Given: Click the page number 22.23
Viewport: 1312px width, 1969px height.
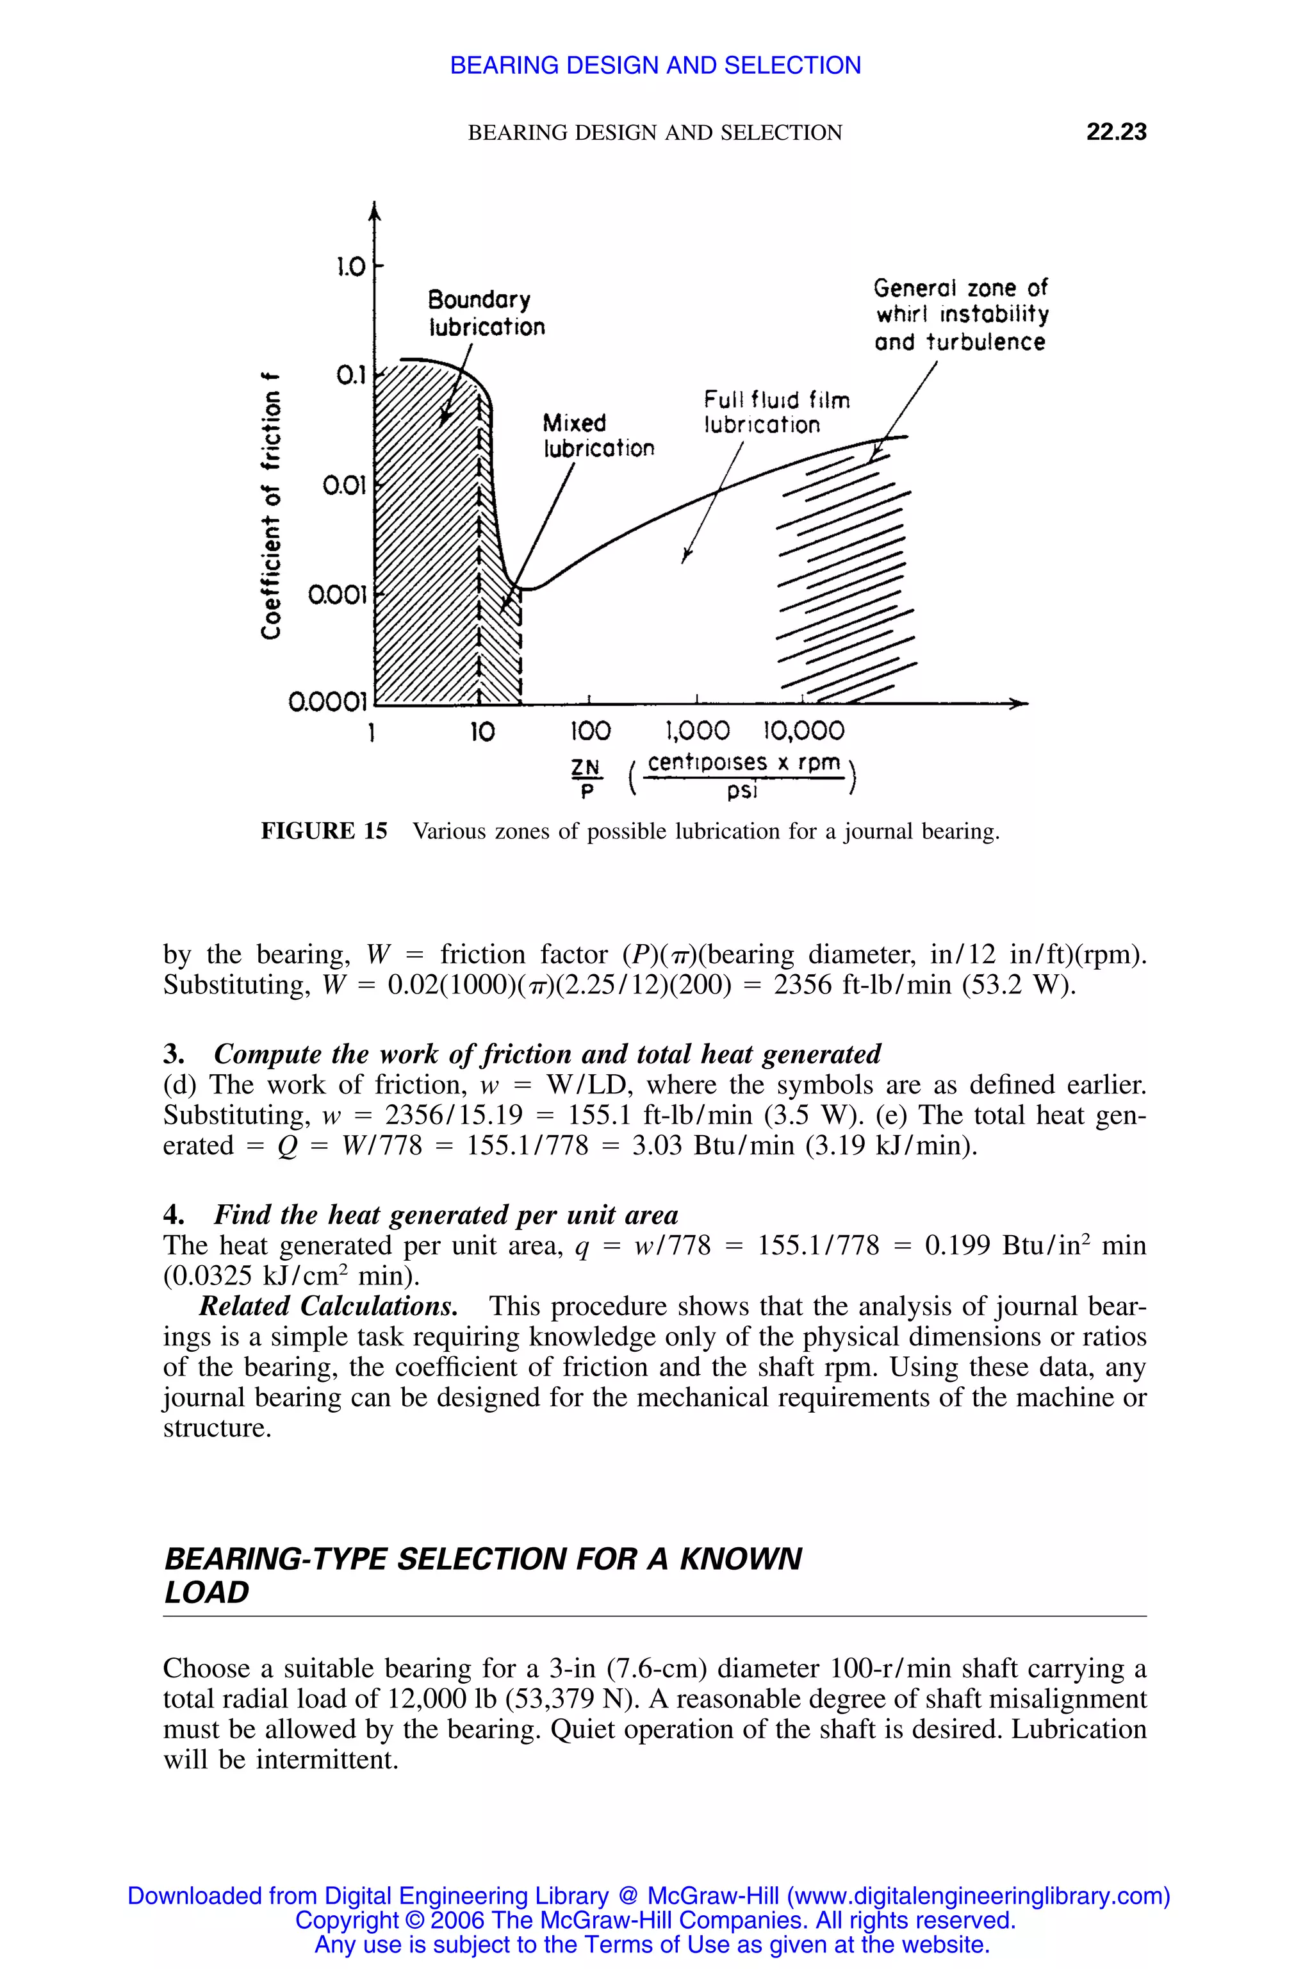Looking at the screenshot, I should [1115, 131].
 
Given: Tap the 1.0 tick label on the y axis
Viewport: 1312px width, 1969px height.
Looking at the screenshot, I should [350, 267].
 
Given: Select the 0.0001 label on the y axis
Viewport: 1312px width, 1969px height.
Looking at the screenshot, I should [328, 700].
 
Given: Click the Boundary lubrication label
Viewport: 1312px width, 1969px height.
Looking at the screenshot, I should [486, 313].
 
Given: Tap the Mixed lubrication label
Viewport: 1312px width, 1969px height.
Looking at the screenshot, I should [598, 435].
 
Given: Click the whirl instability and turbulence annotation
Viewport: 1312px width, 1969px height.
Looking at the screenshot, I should [960, 315].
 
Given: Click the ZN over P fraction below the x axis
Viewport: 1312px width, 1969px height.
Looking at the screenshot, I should [586, 777].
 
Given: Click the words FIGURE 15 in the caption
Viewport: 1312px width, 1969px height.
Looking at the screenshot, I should [325, 831].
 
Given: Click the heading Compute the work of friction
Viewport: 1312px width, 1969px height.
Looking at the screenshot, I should [547, 1053].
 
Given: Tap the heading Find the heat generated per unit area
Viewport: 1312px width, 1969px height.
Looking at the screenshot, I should [446, 1215].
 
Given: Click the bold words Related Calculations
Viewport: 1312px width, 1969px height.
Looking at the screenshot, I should [328, 1306].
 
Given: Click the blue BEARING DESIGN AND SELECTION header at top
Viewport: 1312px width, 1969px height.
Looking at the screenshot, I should [655, 65].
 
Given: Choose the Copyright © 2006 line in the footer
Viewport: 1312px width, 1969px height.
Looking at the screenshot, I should [655, 1920].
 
